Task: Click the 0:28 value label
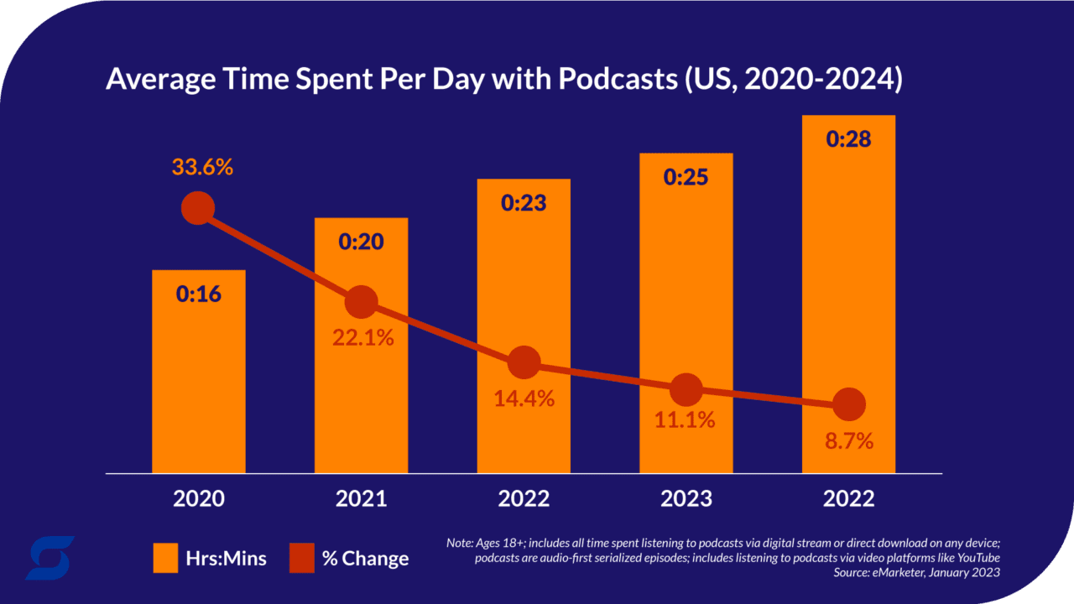(x=848, y=138)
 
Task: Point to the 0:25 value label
(x=686, y=177)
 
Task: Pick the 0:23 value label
(x=524, y=203)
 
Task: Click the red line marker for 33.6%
(x=198, y=207)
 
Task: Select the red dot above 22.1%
(x=361, y=301)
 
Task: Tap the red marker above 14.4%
(x=524, y=362)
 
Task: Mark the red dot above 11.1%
(x=686, y=388)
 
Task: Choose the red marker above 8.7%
(x=848, y=404)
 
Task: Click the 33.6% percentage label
(x=202, y=167)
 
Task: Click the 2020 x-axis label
(x=199, y=499)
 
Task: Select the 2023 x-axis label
(x=686, y=499)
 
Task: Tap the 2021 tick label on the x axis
(x=361, y=499)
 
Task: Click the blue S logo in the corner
(x=50, y=558)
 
